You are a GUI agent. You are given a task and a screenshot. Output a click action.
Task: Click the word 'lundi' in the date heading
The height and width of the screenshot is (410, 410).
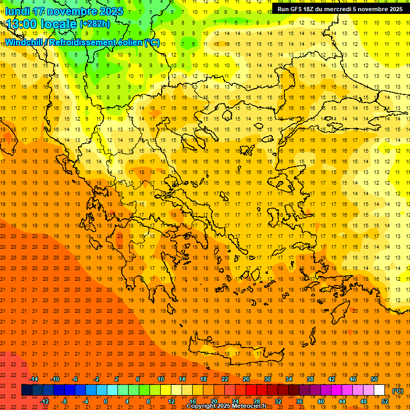(18, 11)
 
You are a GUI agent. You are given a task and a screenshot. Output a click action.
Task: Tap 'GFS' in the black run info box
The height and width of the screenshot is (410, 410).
(299, 9)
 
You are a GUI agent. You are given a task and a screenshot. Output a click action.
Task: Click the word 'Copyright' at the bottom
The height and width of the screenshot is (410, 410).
(202, 406)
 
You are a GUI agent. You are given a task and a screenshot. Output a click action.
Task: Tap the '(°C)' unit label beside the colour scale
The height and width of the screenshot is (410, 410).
(398, 391)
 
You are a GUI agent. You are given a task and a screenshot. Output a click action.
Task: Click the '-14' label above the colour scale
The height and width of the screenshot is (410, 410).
(34, 379)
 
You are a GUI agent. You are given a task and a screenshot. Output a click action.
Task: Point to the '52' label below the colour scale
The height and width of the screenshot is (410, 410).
(385, 401)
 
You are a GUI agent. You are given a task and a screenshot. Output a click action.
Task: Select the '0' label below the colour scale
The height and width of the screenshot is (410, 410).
(106, 401)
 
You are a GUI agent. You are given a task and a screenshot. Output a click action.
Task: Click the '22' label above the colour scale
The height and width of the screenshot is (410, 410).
(225, 379)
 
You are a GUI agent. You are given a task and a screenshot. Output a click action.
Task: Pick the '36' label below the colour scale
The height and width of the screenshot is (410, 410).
(299, 401)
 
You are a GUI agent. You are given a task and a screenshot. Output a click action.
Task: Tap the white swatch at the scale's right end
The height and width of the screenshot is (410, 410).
(380, 390)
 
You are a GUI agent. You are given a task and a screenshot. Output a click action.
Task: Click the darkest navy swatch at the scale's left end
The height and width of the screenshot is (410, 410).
(27, 390)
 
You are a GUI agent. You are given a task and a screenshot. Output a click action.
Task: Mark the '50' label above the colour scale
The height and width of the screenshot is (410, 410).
(374, 379)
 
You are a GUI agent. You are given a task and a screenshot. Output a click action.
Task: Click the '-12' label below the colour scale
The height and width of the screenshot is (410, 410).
(45, 401)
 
